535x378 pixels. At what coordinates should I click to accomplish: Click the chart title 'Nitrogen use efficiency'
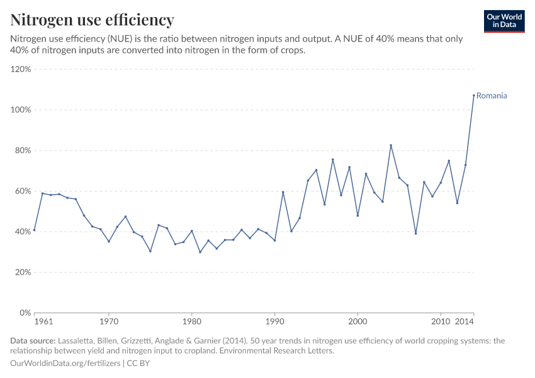(92, 20)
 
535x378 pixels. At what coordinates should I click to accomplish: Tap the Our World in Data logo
(504, 21)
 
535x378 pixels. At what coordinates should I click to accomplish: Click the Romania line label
(492, 96)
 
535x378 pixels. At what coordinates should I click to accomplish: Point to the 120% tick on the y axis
(21, 69)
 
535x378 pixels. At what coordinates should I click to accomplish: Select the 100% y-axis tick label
(21, 110)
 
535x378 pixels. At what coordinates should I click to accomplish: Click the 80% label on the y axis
(23, 151)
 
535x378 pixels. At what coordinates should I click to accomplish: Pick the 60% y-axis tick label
(23, 191)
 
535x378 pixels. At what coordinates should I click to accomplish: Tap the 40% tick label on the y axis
(23, 232)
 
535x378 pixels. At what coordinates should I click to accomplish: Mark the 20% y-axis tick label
(23, 272)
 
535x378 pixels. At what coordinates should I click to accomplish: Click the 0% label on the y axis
(25, 313)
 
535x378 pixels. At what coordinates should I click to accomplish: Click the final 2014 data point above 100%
(473, 95)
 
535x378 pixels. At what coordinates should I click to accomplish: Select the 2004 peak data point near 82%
(391, 146)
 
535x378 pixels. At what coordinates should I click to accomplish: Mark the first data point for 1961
(35, 230)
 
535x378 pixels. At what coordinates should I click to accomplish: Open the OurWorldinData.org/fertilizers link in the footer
(66, 364)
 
